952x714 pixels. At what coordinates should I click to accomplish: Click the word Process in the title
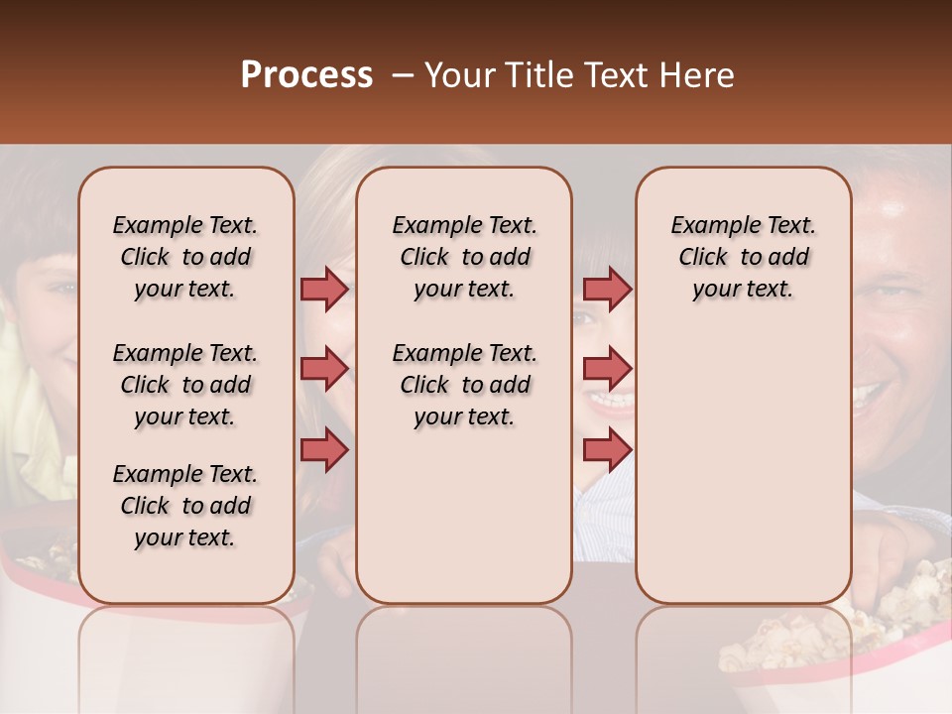coord(306,75)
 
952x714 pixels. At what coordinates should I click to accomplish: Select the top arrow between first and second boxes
coord(324,289)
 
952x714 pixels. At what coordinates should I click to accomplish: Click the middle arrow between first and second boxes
coord(324,369)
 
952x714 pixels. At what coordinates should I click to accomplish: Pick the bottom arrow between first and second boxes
coord(324,449)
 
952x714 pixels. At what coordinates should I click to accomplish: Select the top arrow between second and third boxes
coord(607,289)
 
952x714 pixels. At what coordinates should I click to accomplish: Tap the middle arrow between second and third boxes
coord(607,369)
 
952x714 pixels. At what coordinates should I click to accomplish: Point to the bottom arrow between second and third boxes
coord(607,449)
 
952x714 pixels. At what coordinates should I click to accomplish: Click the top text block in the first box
coord(185,257)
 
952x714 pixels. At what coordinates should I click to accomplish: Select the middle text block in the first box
coord(185,385)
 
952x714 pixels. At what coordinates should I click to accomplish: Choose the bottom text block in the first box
coord(185,506)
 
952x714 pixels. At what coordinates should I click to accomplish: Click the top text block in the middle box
coord(465,257)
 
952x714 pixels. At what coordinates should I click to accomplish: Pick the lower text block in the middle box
coord(465,385)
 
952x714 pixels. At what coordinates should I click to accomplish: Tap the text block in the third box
coord(744,257)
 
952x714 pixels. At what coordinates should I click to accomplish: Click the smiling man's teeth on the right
coord(871,397)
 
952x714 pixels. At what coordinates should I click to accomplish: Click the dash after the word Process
coord(403,76)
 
